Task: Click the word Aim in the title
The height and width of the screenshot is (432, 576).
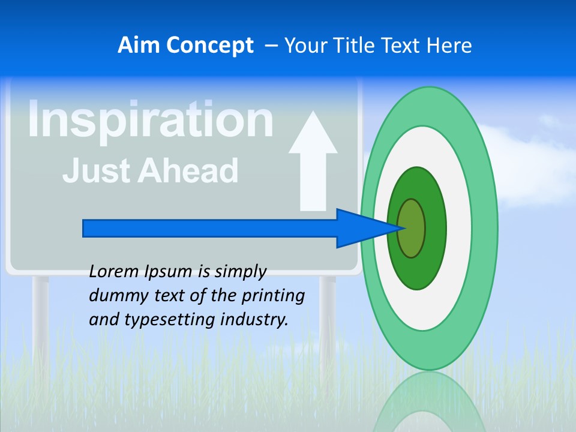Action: (x=139, y=46)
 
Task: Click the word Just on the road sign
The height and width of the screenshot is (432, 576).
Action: (x=95, y=170)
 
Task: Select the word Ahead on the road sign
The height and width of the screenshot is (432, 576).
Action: (x=188, y=170)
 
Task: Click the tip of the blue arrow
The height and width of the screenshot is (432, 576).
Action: (x=403, y=228)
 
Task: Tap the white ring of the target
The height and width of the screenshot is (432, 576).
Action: (x=458, y=228)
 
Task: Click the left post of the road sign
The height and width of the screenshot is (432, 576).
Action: (x=40, y=318)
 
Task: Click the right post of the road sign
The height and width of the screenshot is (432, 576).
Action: (x=328, y=318)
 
